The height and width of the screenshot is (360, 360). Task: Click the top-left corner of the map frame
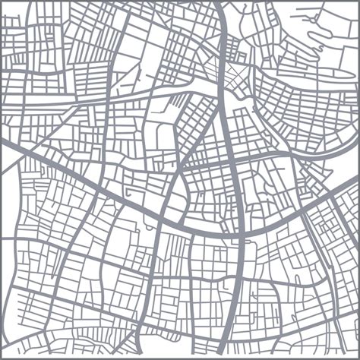(2, 2)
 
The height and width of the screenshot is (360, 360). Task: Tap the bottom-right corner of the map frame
(358, 358)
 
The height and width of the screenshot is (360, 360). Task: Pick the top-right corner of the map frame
(358, 2)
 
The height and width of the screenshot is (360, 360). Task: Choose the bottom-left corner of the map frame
(2, 358)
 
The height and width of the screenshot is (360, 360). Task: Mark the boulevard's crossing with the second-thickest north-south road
(163, 216)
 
